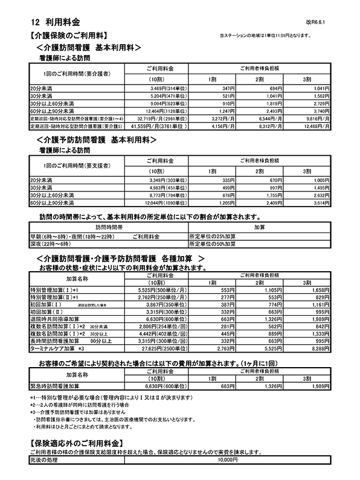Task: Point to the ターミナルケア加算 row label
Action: point(57,348)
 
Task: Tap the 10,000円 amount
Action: point(227,459)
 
